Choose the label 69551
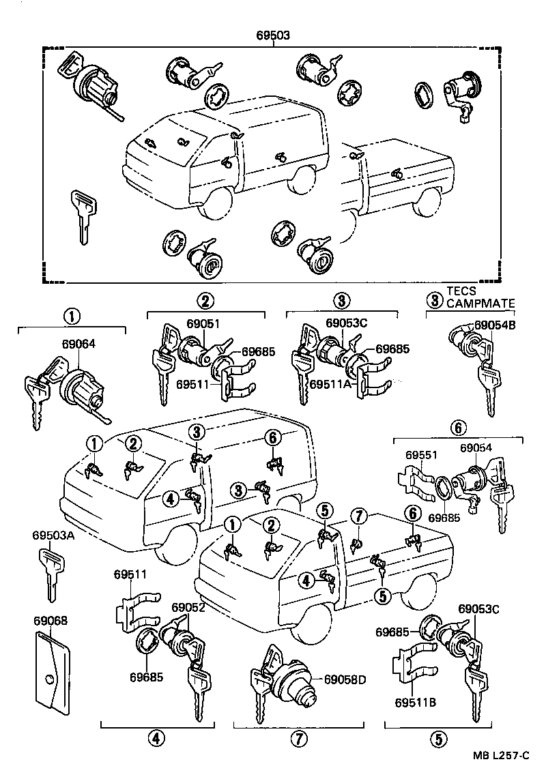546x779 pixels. pos(420,454)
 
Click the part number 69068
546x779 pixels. pos(50,621)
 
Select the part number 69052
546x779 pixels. pos(188,607)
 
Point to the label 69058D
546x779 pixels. pos(345,679)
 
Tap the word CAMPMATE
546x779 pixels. pos(481,303)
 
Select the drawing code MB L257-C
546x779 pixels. pos(504,755)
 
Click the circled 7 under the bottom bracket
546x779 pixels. pos(298,738)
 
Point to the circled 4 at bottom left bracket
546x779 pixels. pos(156,738)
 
